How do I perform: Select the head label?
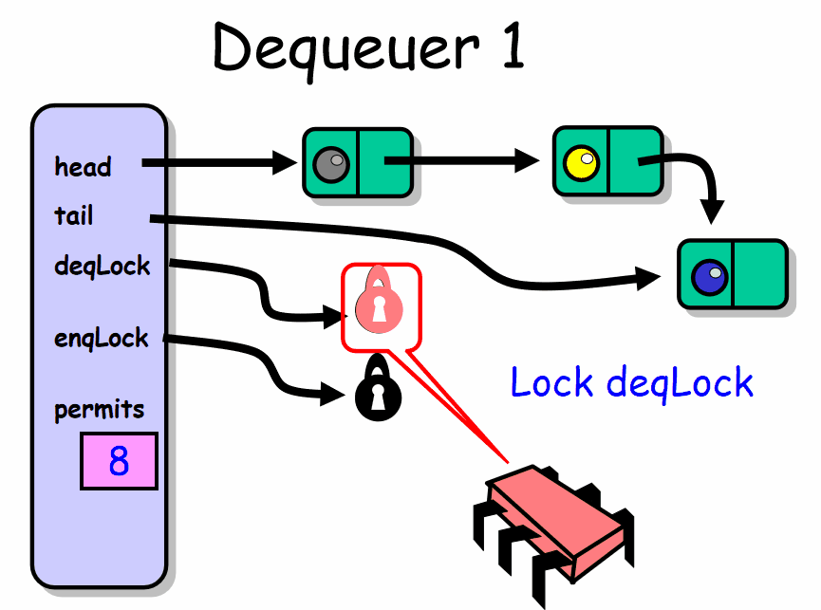[83, 167]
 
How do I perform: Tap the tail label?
[74, 216]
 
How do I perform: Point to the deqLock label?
[103, 266]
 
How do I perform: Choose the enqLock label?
[102, 337]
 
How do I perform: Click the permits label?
[100, 410]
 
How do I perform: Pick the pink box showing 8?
[119, 461]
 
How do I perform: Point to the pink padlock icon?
[379, 301]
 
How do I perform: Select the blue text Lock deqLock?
[631, 382]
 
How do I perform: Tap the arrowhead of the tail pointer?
[653, 277]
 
